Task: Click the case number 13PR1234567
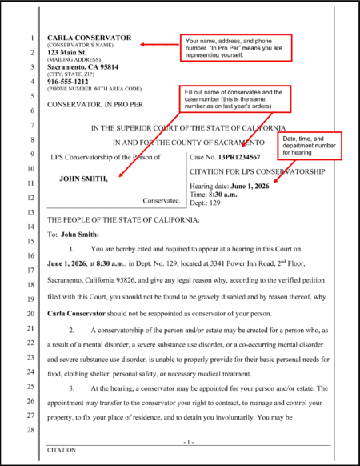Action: (244, 157)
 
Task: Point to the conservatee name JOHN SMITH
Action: (83, 179)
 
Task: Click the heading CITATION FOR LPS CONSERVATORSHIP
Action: (258, 171)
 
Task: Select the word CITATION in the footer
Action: (62, 450)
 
